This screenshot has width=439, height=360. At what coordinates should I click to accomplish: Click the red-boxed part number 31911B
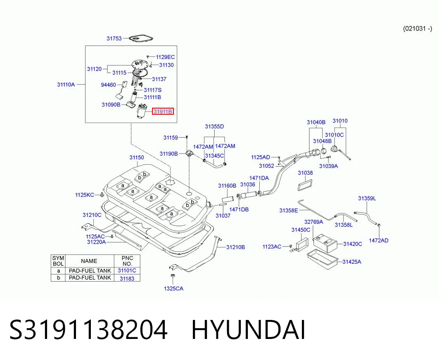click(x=163, y=112)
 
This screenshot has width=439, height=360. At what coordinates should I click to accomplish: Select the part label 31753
click(x=114, y=38)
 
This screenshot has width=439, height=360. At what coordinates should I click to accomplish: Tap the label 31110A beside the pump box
click(x=66, y=84)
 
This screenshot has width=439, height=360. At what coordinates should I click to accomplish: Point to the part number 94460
click(x=108, y=85)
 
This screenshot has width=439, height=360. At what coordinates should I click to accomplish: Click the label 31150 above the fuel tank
click(x=137, y=157)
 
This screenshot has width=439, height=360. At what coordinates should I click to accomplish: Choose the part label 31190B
click(x=168, y=154)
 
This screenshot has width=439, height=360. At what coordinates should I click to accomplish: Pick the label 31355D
click(x=214, y=126)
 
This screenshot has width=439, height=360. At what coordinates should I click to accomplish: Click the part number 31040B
click(x=316, y=122)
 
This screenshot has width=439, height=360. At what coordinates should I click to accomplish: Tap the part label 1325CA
click(x=173, y=288)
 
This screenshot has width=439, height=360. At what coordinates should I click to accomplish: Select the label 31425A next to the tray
click(x=352, y=262)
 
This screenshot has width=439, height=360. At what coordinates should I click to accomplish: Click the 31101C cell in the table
click(x=127, y=270)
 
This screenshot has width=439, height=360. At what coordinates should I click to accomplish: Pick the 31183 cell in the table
click(x=127, y=278)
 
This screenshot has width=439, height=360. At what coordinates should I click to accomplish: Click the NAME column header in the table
click(x=89, y=261)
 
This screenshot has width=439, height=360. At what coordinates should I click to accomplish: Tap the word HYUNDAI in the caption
click(x=248, y=330)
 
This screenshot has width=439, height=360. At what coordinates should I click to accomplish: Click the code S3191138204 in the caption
click(x=88, y=330)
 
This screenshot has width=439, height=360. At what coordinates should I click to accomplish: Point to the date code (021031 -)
click(x=418, y=28)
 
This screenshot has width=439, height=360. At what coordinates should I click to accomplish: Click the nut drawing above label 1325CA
click(x=173, y=276)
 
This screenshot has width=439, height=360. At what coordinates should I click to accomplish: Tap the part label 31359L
click(x=367, y=199)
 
